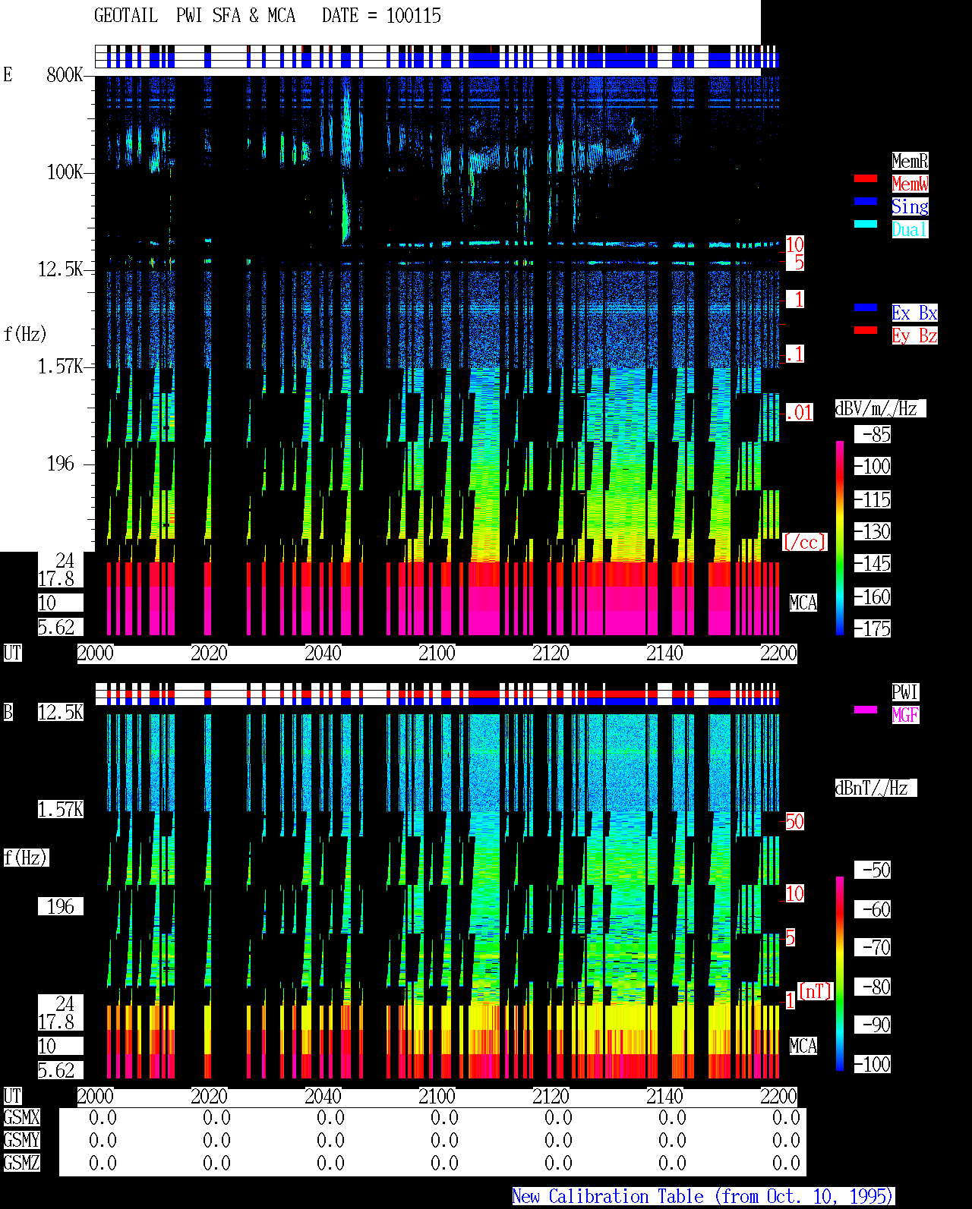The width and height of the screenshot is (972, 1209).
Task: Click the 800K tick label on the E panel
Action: coord(65,74)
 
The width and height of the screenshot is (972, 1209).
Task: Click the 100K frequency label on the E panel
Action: coord(65,172)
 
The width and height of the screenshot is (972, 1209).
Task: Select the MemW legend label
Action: coord(910,184)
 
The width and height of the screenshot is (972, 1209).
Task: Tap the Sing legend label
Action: coord(910,206)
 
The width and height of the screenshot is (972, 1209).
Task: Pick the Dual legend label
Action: coord(910,229)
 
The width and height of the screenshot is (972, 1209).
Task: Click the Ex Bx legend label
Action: coord(914,313)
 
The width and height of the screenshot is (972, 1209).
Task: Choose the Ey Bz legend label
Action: coord(914,335)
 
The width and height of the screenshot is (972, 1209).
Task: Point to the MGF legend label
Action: coord(906,715)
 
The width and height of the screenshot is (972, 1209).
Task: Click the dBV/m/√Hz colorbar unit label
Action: coord(880,408)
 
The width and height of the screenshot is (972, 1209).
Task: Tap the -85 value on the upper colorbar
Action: coord(873,434)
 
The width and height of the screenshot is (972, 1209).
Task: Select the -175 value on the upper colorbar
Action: coord(873,628)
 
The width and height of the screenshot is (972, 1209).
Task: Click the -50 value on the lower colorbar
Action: coord(873,871)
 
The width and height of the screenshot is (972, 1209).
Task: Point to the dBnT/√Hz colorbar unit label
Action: coord(876,788)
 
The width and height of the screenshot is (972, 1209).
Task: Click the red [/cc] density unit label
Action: coord(804,542)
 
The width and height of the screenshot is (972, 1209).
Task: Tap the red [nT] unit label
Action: coord(815,991)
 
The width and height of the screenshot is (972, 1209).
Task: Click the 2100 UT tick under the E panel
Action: coord(437,653)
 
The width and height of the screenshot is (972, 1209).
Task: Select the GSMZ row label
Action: coord(22,1163)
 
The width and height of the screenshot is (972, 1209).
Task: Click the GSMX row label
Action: coord(22,1117)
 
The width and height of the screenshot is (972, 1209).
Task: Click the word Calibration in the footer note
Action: coord(626,1197)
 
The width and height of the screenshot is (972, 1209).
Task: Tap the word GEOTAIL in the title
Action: coord(126,16)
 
